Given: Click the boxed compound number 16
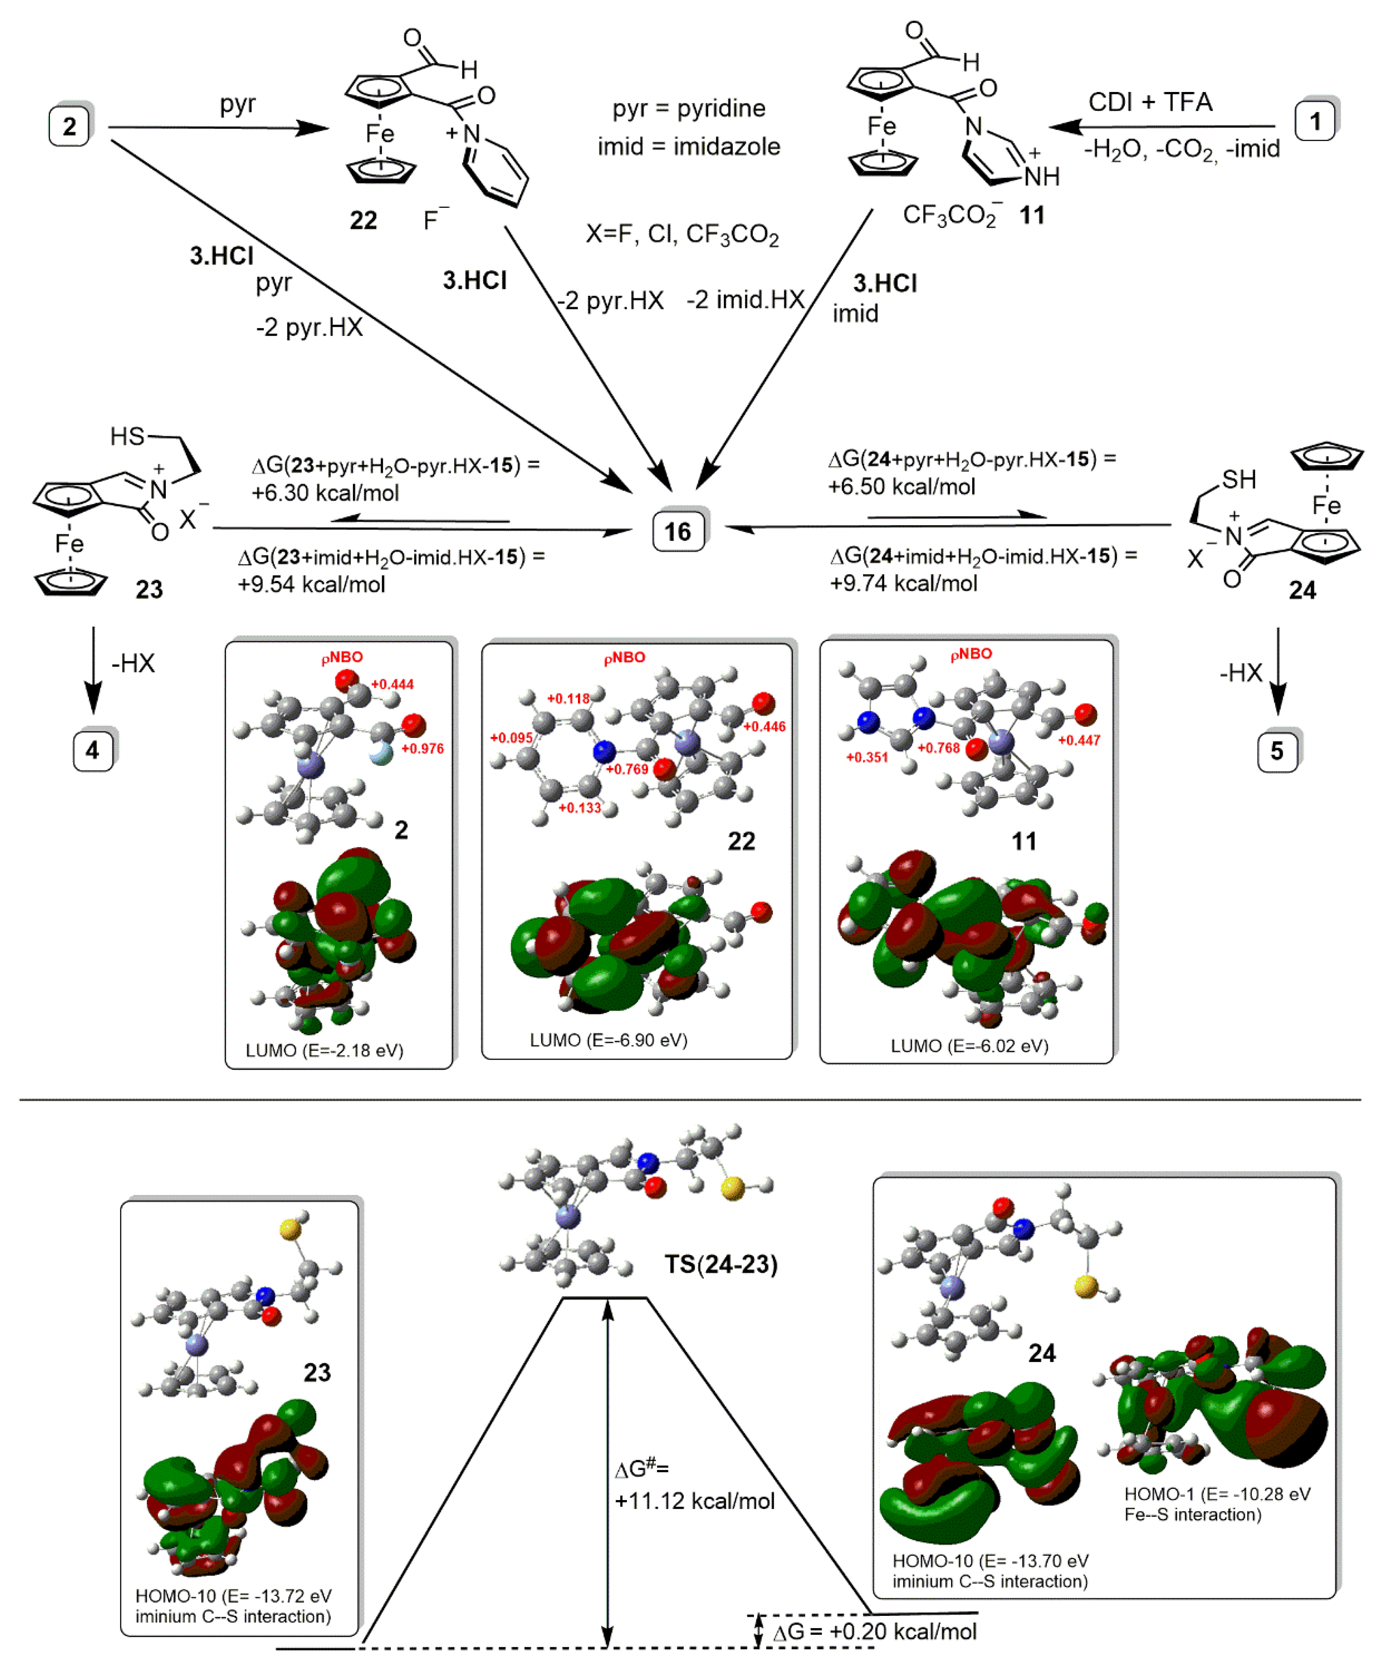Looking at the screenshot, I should [x=678, y=531].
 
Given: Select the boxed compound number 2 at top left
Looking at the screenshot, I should [x=69, y=126].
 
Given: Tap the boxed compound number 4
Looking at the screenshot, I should [x=92, y=750].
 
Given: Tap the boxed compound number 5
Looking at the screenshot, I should [x=1277, y=751].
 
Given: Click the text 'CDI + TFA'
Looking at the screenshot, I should [x=1150, y=102].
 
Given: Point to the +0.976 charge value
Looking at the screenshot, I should [x=422, y=749].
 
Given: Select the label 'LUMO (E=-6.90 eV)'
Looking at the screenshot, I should [x=609, y=1039].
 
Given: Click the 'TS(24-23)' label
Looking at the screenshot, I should [x=721, y=1264].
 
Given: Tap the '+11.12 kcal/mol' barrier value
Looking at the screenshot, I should [x=695, y=1501].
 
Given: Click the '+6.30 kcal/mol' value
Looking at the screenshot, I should [x=325, y=493].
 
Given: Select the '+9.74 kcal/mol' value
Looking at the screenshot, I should [x=903, y=583].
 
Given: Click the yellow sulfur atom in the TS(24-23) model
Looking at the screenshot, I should [x=732, y=1189].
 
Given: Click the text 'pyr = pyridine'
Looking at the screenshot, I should [x=689, y=108].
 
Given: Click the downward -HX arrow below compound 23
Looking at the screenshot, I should [x=93, y=669].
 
